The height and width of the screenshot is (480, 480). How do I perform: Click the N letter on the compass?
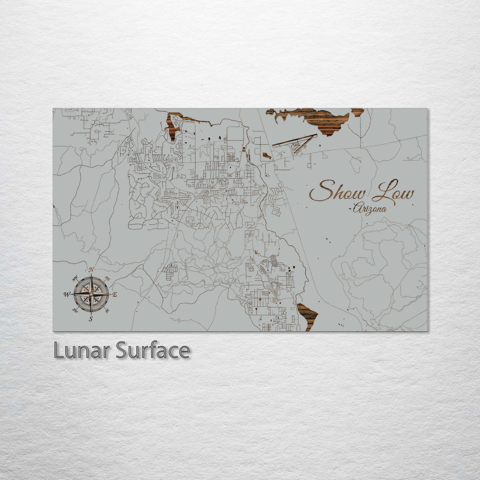[x=92, y=269]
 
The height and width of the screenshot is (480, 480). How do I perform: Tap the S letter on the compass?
[x=91, y=319]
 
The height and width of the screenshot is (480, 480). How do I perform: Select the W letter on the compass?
[x=67, y=294]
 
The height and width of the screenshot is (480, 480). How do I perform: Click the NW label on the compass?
[x=75, y=278]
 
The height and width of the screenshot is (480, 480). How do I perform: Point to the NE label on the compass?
[x=107, y=278]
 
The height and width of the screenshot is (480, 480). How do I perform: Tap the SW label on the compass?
[x=75, y=311]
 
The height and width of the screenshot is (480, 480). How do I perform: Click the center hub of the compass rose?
[x=91, y=294]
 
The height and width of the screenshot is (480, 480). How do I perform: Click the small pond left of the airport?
[x=257, y=151]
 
